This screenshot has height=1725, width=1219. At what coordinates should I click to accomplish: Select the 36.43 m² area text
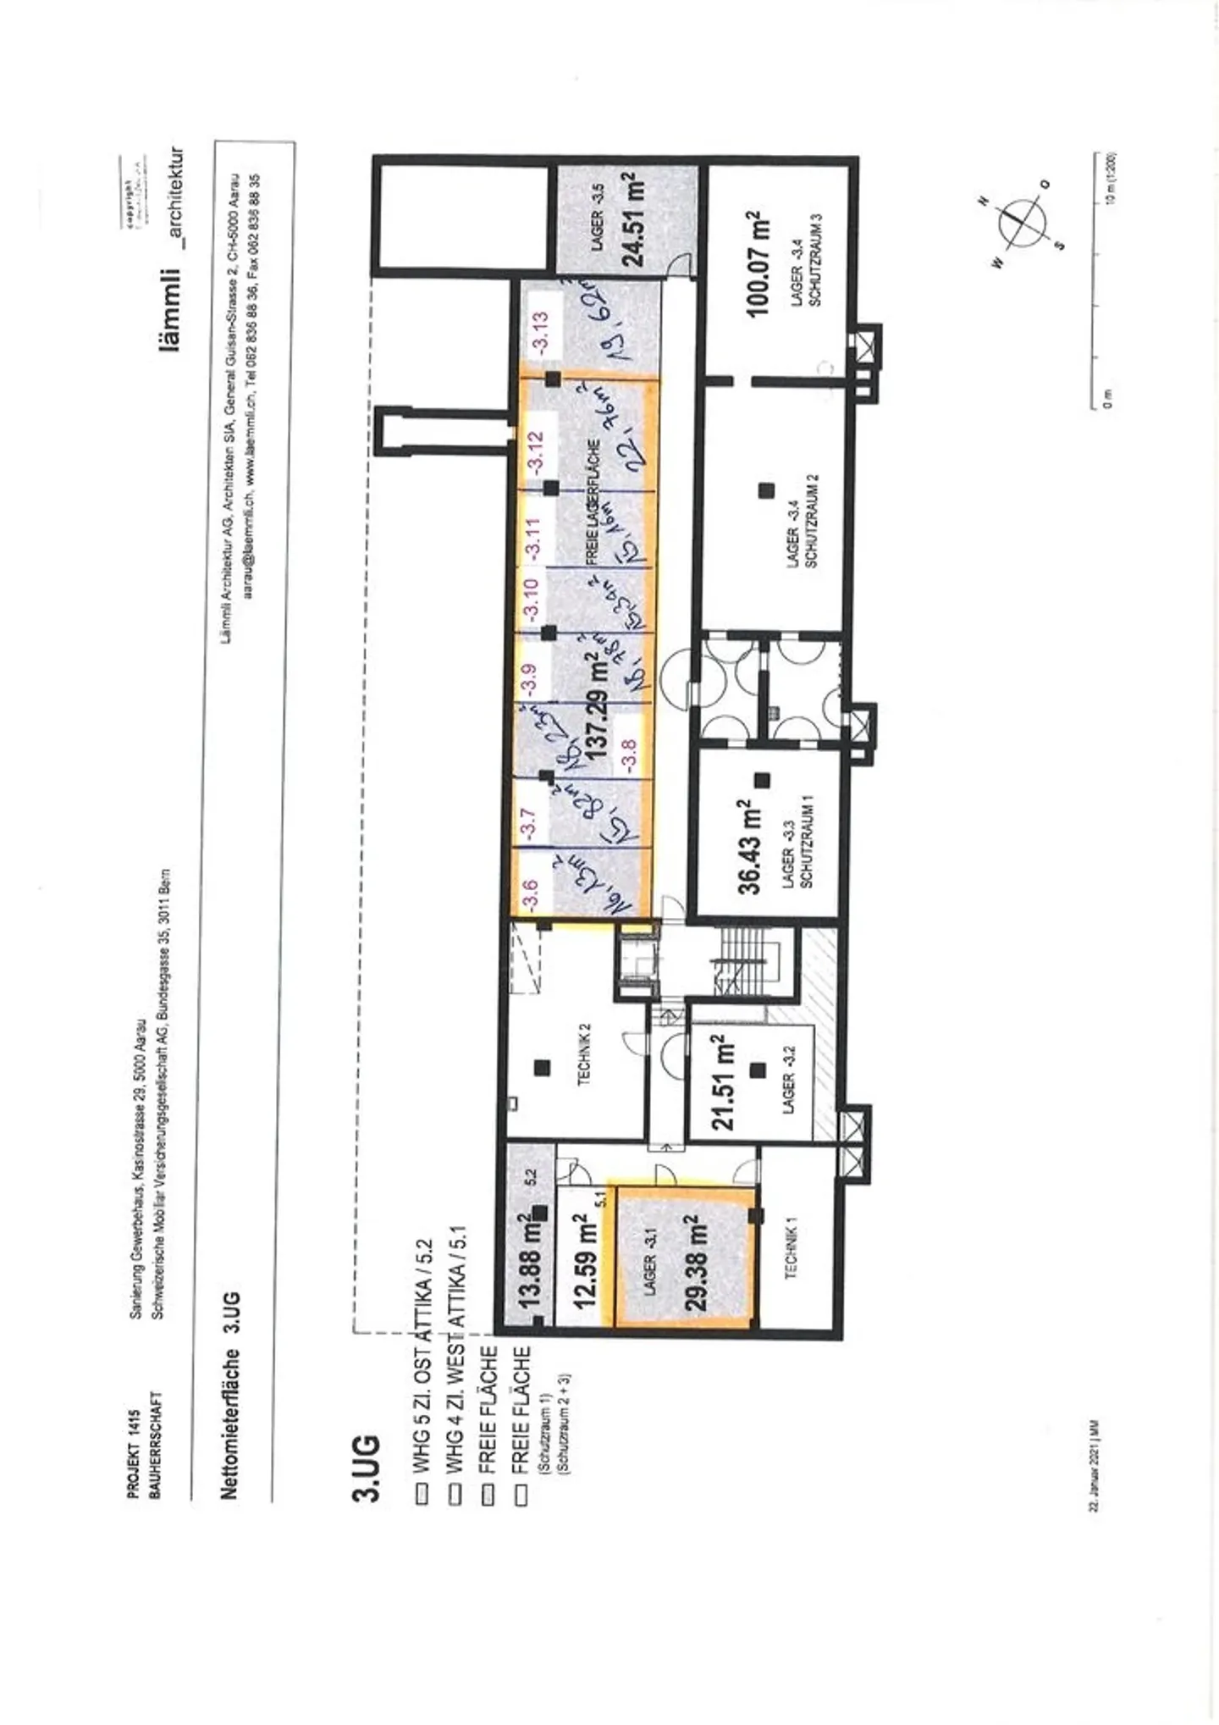749,847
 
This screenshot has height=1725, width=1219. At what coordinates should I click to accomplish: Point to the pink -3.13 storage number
540,331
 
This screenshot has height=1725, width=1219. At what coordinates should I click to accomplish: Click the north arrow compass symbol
1022,224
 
